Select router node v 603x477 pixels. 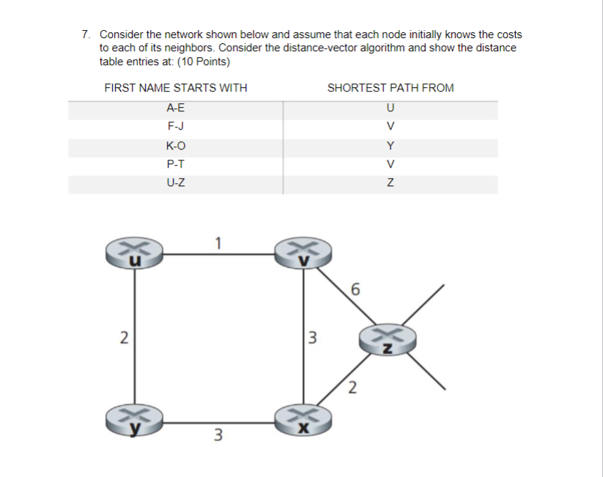pos(303,254)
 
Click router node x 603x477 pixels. pos(303,420)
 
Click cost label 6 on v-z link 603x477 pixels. pos(355,289)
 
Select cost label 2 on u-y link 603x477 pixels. pos(124,338)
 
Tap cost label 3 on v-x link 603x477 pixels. pos(312,338)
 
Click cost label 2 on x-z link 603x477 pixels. pos(352,388)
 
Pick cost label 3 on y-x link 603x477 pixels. pos(218,435)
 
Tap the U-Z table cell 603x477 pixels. pos(176,183)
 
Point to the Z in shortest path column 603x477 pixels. pos(390,183)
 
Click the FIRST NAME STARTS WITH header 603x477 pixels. pos(176,88)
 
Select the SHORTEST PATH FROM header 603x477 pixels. pos(390,88)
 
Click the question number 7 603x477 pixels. pos(86,34)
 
